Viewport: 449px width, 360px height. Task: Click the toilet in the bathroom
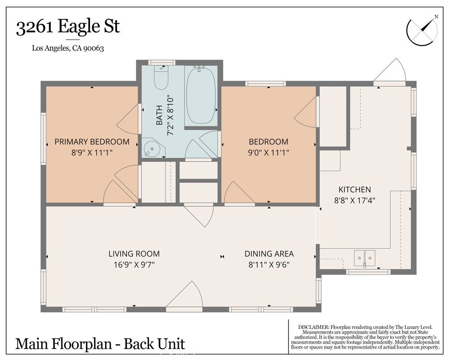(x=160, y=77)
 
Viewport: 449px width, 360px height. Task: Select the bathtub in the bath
(x=201, y=95)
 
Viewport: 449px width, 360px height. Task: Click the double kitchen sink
(x=364, y=258)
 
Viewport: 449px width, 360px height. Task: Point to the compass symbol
(x=422, y=30)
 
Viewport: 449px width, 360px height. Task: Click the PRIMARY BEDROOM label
(x=92, y=142)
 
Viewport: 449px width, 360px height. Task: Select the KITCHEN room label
(x=355, y=189)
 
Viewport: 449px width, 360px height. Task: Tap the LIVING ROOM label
(x=134, y=254)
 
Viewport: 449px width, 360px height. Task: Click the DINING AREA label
(x=269, y=254)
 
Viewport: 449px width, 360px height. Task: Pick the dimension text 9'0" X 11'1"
(x=269, y=153)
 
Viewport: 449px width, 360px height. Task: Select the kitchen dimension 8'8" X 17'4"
(x=355, y=200)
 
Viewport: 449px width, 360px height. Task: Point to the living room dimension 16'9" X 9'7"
(x=134, y=264)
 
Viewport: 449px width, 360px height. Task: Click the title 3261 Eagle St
(x=68, y=27)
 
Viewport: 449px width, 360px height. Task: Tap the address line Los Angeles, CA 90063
(x=68, y=48)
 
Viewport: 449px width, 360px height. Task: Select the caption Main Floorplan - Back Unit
(x=100, y=344)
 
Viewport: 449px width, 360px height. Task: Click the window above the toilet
(x=162, y=62)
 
